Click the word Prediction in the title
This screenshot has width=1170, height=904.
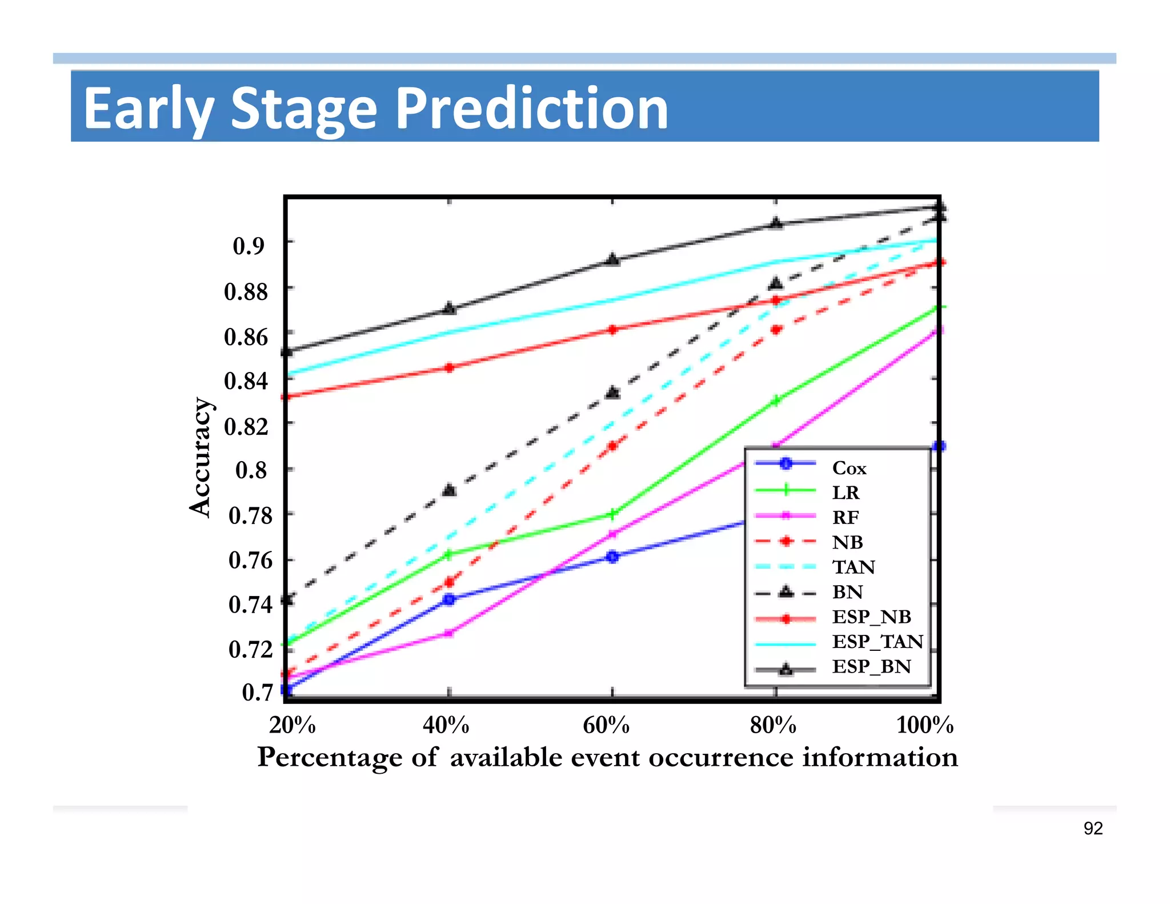pos(531,109)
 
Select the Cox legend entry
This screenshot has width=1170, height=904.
pos(849,468)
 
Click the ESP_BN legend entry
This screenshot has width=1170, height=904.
pos(871,666)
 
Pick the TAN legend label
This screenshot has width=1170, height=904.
pos(854,567)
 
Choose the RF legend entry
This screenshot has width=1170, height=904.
pos(846,517)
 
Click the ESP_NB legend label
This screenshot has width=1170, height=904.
pos(871,617)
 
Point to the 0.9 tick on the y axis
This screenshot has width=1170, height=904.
pos(249,246)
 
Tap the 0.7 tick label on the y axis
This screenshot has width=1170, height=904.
pos(257,692)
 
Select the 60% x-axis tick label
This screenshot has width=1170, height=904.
pos(606,726)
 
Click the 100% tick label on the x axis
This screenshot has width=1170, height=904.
pos(925,726)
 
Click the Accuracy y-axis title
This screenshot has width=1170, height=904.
pos(200,457)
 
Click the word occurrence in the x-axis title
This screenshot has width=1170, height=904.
pos(721,758)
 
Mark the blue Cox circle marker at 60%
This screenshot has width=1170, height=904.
pos(612,556)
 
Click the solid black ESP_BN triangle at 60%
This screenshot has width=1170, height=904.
pos(612,260)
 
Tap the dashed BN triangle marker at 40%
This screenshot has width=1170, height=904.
pos(450,490)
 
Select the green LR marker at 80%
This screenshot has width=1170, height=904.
pos(776,401)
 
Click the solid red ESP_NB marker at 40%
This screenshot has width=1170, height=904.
pos(450,367)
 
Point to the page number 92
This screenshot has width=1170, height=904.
pos(1093,829)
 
